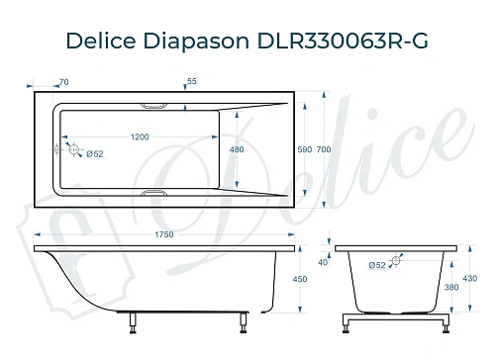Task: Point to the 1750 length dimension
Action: click(x=163, y=234)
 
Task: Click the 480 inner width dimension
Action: click(x=237, y=150)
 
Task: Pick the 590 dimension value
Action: click(x=304, y=149)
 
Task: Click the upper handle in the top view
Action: click(x=156, y=104)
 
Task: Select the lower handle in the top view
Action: click(x=156, y=195)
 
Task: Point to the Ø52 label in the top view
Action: click(x=95, y=154)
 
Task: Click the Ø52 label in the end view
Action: click(x=376, y=265)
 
